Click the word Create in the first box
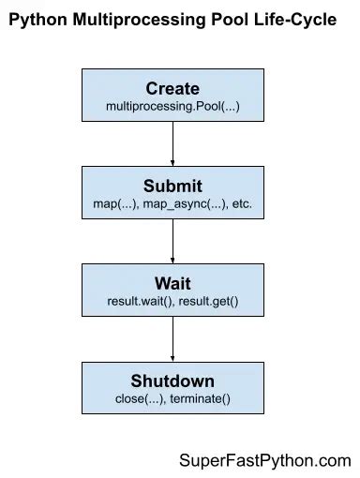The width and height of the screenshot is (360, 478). (x=172, y=89)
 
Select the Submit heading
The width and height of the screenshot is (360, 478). (x=172, y=186)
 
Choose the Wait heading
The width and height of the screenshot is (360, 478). (x=172, y=283)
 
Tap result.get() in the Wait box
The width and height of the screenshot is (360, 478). (x=207, y=301)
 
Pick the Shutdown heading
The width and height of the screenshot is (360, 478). (x=172, y=381)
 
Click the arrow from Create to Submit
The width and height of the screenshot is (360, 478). (x=172, y=142)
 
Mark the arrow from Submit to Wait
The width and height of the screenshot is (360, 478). (x=172, y=240)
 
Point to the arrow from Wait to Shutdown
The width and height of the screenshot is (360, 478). (x=172, y=337)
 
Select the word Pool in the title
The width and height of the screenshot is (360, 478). (x=220, y=20)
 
